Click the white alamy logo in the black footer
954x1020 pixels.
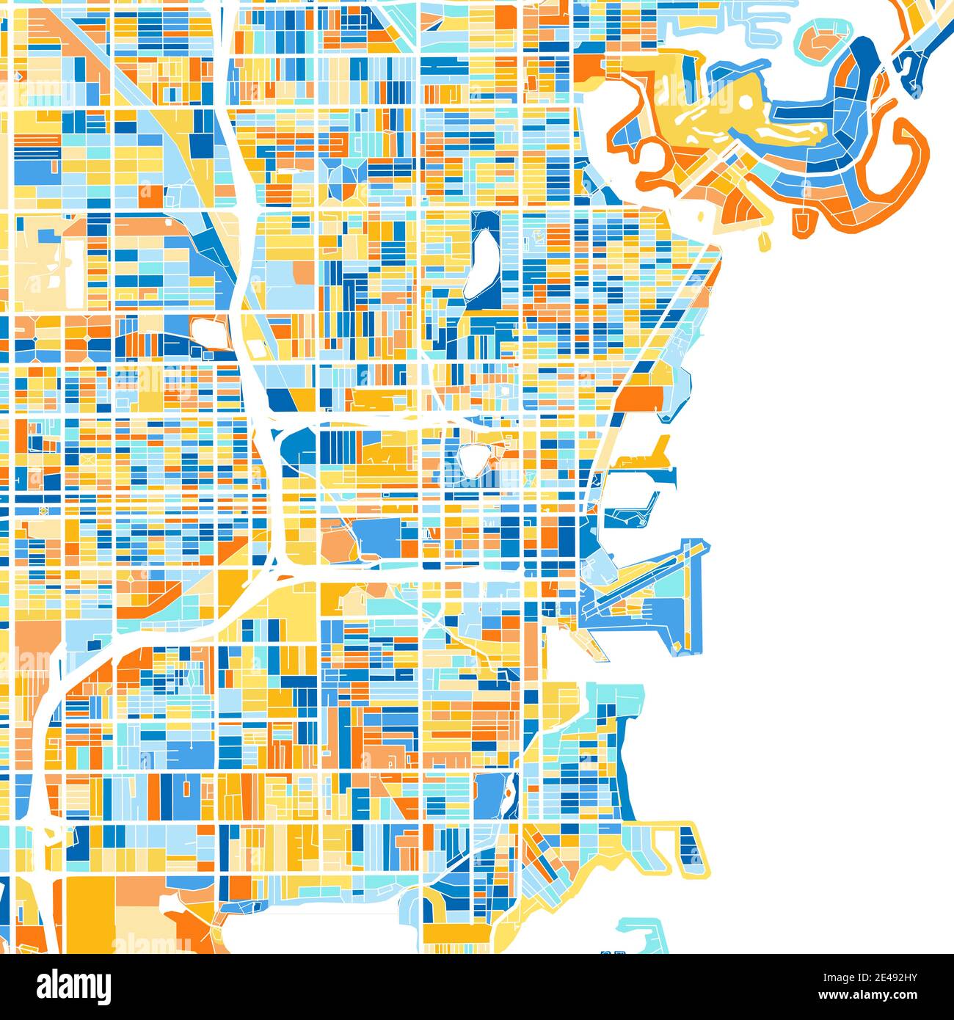[74, 986]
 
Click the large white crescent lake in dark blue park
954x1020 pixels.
[484, 262]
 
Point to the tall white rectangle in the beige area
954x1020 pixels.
[73, 272]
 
